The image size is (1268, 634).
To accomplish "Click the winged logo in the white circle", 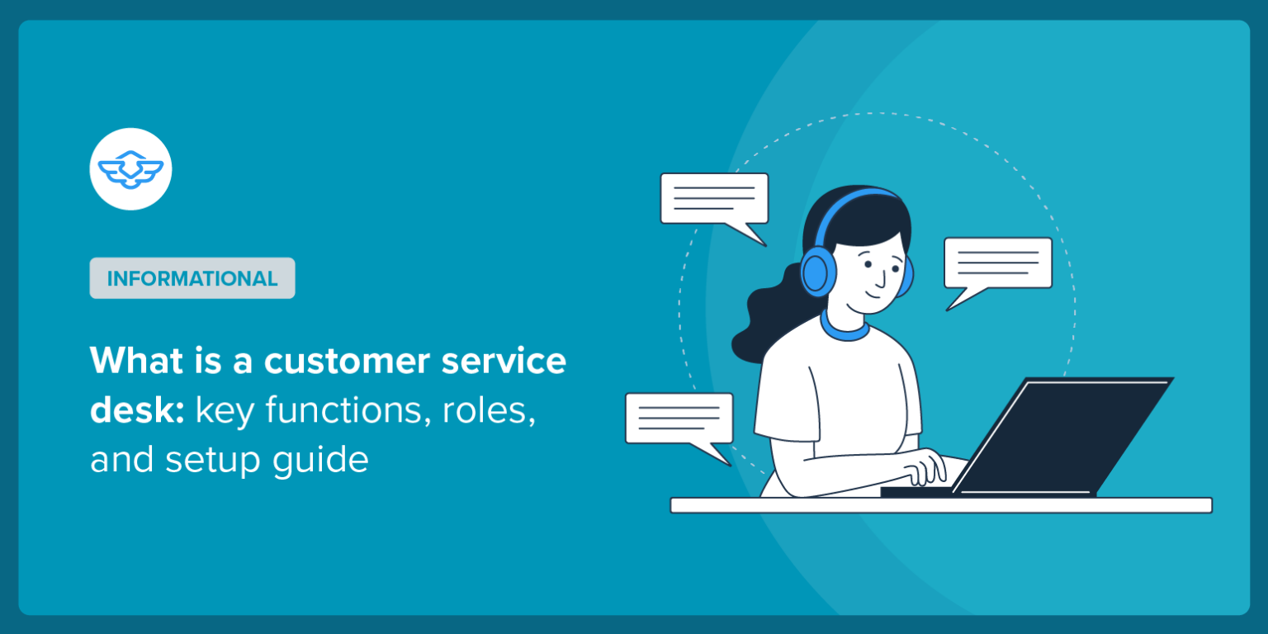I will tap(130, 169).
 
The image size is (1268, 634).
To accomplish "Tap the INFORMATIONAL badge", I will tap(192, 278).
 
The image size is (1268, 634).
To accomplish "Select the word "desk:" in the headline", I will tap(137, 409).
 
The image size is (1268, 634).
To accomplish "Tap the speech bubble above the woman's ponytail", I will tap(714, 199).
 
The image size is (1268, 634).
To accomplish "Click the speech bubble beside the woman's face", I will tap(997, 264).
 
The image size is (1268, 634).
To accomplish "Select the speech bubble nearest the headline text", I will tap(679, 419).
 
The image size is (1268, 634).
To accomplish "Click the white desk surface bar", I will tap(941, 505).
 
